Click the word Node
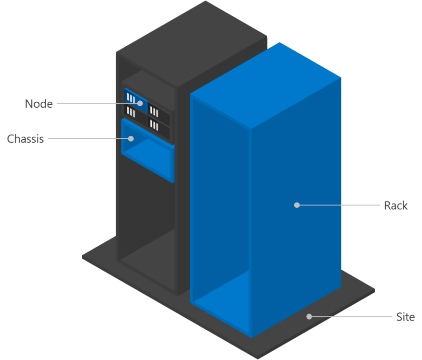[x=39, y=104]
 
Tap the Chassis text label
[x=25, y=139]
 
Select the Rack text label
[x=396, y=205]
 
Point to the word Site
[x=405, y=317]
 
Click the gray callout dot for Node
[x=140, y=103]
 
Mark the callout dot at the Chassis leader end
[x=131, y=139]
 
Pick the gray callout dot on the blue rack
[x=297, y=205]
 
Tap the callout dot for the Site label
[x=309, y=317]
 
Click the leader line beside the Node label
[x=97, y=103]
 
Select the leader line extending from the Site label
[x=352, y=317]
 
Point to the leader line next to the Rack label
[x=339, y=205]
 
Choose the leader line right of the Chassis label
[x=88, y=139]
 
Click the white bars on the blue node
[x=131, y=98]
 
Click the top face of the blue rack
[x=265, y=85]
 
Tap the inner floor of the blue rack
[x=221, y=299]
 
